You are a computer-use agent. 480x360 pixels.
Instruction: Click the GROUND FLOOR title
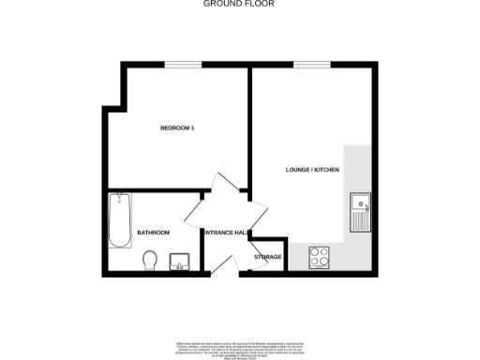tap(239, 4)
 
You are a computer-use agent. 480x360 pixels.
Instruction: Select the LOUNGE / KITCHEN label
tap(312, 170)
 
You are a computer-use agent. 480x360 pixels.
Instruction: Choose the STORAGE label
tap(267, 257)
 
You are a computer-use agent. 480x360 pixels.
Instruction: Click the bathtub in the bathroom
tap(119, 221)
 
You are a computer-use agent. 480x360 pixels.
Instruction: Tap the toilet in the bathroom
tap(150, 258)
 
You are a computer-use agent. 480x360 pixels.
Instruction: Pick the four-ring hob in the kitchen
tap(319, 256)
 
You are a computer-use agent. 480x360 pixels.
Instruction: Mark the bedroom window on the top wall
tap(183, 64)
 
